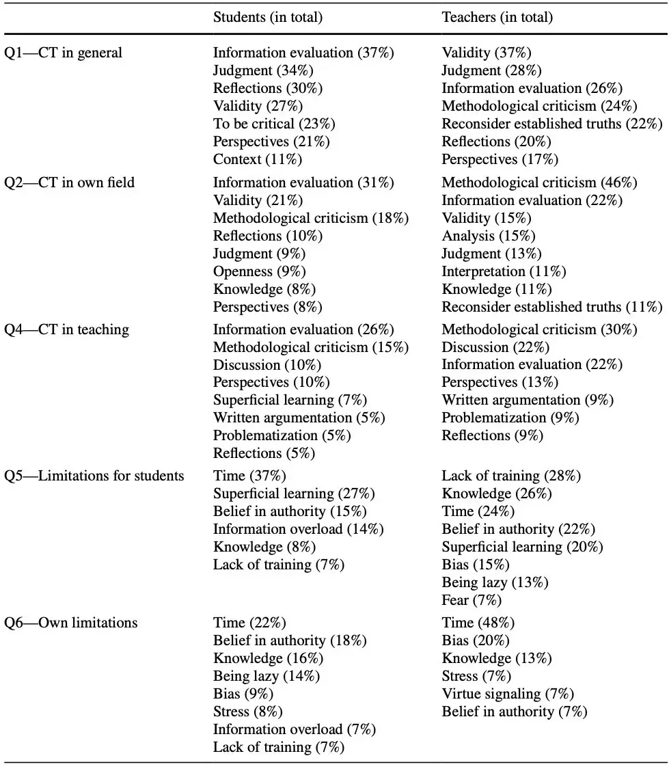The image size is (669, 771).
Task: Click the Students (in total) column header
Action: coord(268,17)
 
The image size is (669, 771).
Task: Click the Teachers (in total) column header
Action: coord(497,17)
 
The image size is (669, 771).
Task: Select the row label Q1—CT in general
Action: coord(64,53)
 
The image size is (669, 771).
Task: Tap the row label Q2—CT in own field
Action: coord(70,182)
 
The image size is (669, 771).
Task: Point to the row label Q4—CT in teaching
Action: coord(66,329)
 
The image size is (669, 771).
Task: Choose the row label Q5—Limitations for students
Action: coord(94,476)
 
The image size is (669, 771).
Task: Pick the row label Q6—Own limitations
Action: coord(71,623)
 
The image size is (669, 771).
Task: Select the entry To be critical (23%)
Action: coord(274,124)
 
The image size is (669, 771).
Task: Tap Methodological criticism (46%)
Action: coord(539,182)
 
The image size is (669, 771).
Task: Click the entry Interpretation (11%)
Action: coord(504,271)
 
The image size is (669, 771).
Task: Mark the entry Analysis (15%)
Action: coord(489,236)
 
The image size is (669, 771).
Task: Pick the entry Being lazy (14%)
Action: coord(267,676)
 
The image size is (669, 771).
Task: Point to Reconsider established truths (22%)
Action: coord(552,124)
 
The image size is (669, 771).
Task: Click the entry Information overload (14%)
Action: coord(299,529)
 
